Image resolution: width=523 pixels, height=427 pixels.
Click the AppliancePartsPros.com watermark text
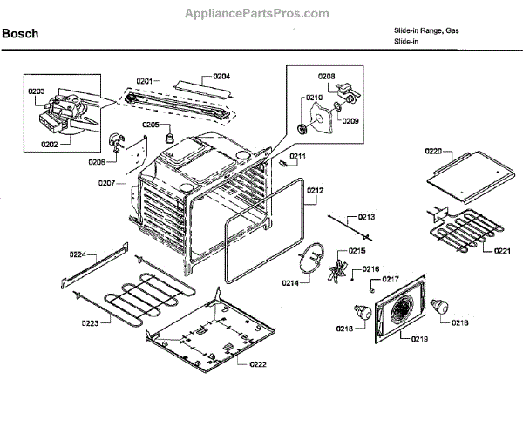tap(257, 14)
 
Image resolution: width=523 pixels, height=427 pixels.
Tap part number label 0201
tap(144, 81)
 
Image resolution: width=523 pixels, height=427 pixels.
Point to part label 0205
tap(150, 125)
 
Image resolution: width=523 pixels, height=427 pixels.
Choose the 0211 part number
tap(298, 157)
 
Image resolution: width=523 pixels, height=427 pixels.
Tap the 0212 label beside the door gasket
tap(315, 190)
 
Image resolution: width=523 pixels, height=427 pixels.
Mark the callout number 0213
tap(366, 216)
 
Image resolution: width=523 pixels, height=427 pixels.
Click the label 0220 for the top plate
tap(433, 151)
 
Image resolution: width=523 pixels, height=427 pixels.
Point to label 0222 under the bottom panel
tap(259, 363)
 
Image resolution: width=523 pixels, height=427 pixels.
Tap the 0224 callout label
tap(78, 254)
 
